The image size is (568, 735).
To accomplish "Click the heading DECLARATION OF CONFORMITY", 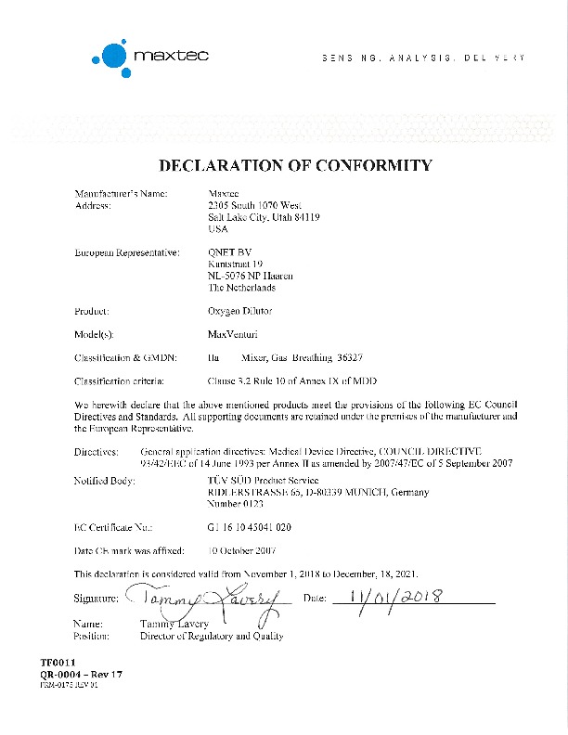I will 296,166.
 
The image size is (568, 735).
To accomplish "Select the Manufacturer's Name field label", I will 121,193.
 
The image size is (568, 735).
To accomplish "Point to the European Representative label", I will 126,252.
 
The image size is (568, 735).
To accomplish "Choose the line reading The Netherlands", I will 249,288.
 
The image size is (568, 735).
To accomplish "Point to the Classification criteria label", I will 120,381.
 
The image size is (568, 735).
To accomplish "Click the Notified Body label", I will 104,481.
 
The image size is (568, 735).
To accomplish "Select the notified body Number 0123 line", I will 237,504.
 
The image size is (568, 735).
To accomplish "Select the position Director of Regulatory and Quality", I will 211,637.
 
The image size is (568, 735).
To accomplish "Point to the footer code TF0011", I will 55,663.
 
